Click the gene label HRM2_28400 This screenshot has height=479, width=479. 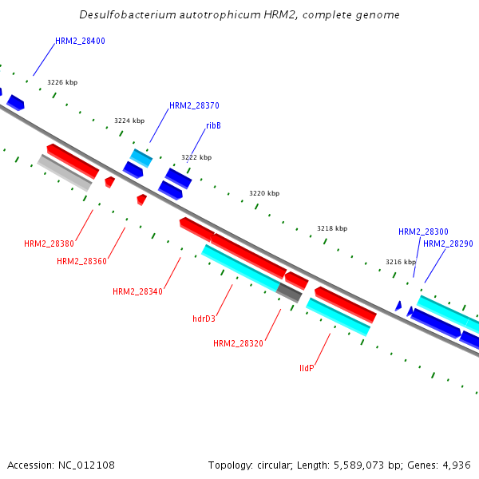(x=80, y=41)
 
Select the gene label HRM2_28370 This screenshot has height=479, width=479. (x=194, y=105)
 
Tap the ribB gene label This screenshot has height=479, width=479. (x=213, y=125)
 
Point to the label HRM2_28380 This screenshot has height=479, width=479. (x=49, y=243)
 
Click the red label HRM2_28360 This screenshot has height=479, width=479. (x=81, y=261)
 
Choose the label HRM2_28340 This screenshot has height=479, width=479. (x=137, y=291)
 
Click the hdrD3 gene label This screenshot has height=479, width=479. (x=204, y=319)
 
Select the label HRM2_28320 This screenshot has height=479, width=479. (x=238, y=343)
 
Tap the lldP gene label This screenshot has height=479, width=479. (x=307, y=368)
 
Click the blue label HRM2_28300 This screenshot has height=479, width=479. (x=423, y=232)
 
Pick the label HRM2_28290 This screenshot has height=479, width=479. (x=448, y=243)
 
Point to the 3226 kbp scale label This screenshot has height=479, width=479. (x=62, y=82)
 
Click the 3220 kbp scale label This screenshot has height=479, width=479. (x=264, y=193)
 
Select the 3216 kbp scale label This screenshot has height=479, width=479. (x=401, y=262)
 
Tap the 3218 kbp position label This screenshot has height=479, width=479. (x=332, y=228)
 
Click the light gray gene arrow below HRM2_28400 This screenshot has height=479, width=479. (x=65, y=172)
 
